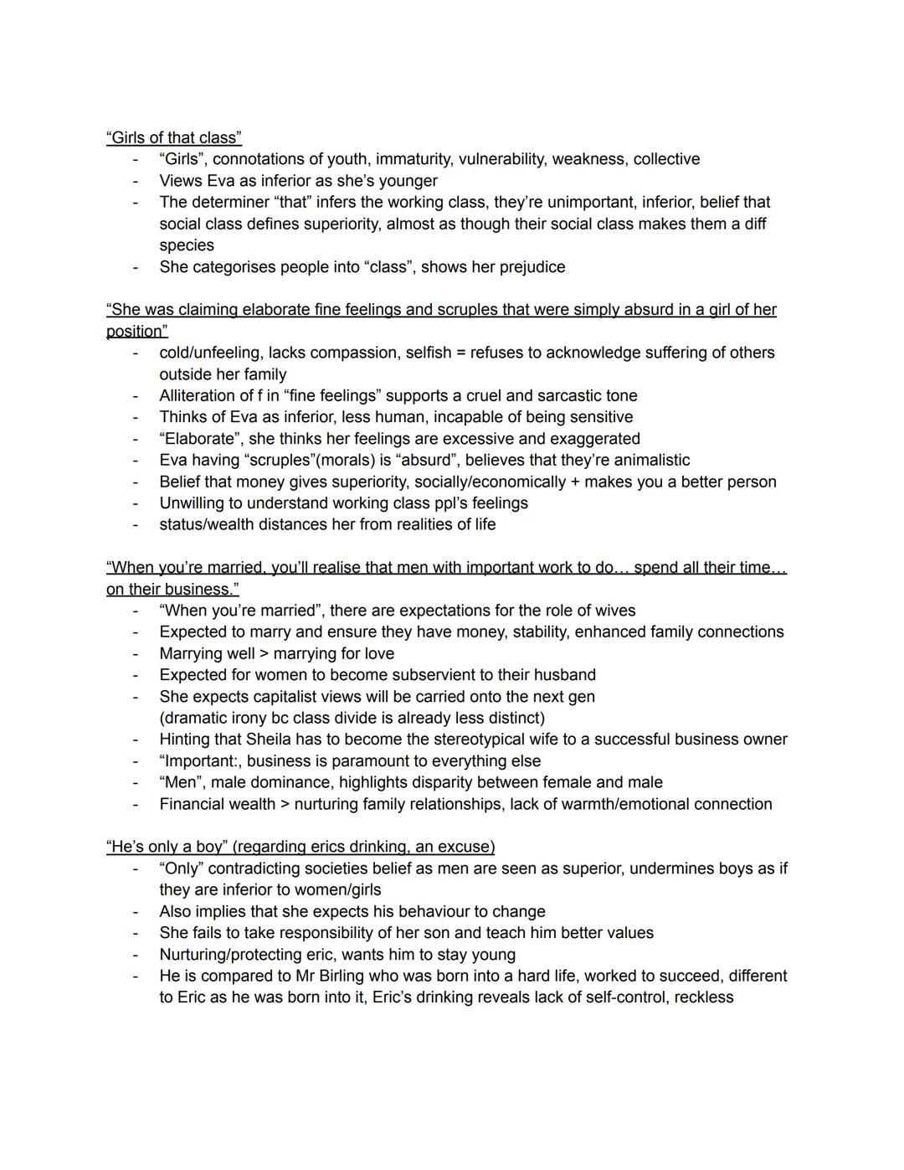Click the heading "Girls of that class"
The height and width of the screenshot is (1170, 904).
click(x=174, y=137)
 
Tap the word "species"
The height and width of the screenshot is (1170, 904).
click(x=187, y=245)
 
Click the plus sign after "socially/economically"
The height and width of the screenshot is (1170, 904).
click(x=574, y=482)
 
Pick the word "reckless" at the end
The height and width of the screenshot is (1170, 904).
click(x=703, y=997)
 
